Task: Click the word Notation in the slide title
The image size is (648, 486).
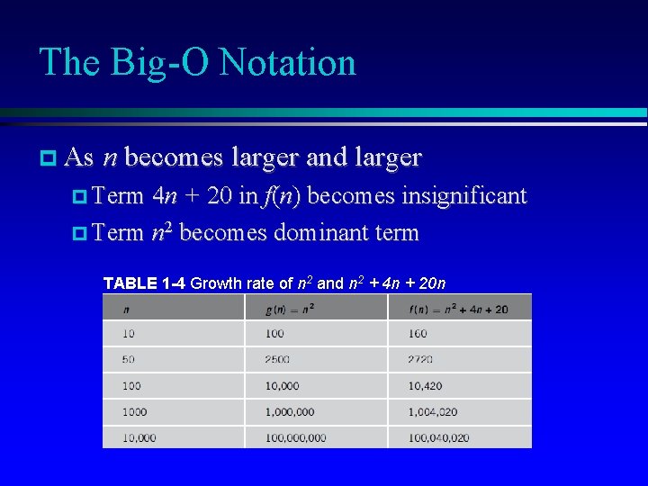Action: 287,63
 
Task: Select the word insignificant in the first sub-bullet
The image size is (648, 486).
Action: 463,195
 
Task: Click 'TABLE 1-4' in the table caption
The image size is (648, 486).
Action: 144,283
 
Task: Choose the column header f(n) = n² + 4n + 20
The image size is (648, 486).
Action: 458,309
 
